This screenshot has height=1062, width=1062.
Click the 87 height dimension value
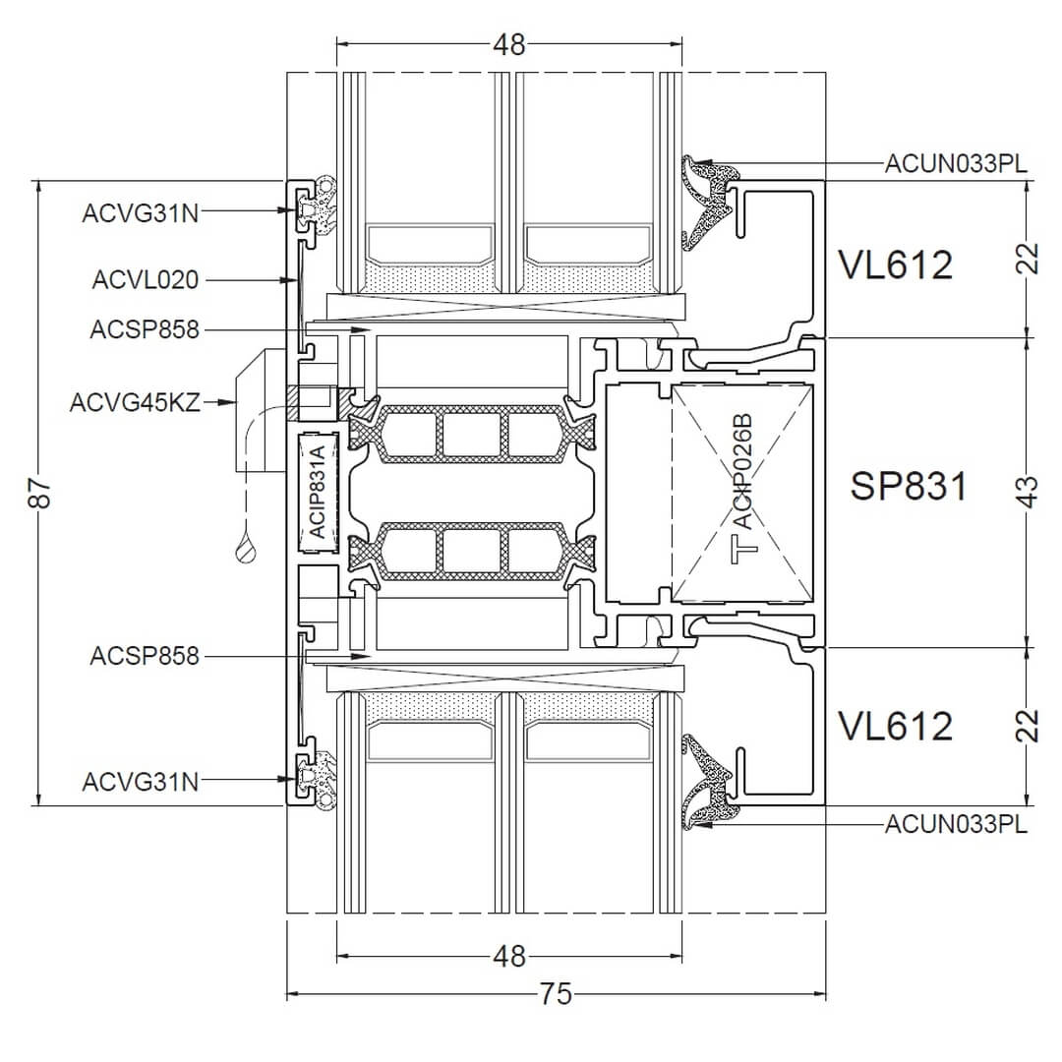(40, 493)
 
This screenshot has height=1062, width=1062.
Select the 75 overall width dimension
(556, 994)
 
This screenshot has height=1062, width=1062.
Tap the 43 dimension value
(1028, 492)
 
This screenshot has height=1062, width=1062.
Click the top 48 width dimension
(509, 44)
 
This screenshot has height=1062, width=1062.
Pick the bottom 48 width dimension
(509, 957)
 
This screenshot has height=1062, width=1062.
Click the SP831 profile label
(909, 486)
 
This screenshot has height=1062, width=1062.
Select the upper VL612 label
(896, 265)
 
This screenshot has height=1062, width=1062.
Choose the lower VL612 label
(896, 726)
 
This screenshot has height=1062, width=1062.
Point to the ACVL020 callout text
(146, 279)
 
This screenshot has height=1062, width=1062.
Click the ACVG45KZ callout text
(135, 402)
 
